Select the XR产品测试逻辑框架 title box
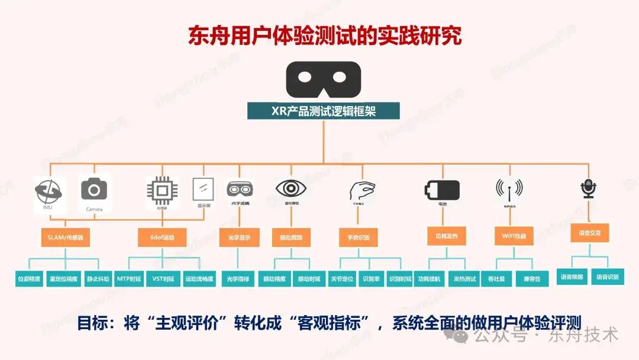tap(323, 111)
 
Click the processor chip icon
tap(162, 190)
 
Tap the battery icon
tap(442, 190)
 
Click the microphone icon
tap(589, 188)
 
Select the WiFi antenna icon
tap(509, 189)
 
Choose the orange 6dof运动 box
tap(162, 237)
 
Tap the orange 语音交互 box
tap(589, 233)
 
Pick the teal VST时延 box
tap(163, 278)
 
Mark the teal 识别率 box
tap(371, 278)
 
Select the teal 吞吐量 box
tap(496, 278)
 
